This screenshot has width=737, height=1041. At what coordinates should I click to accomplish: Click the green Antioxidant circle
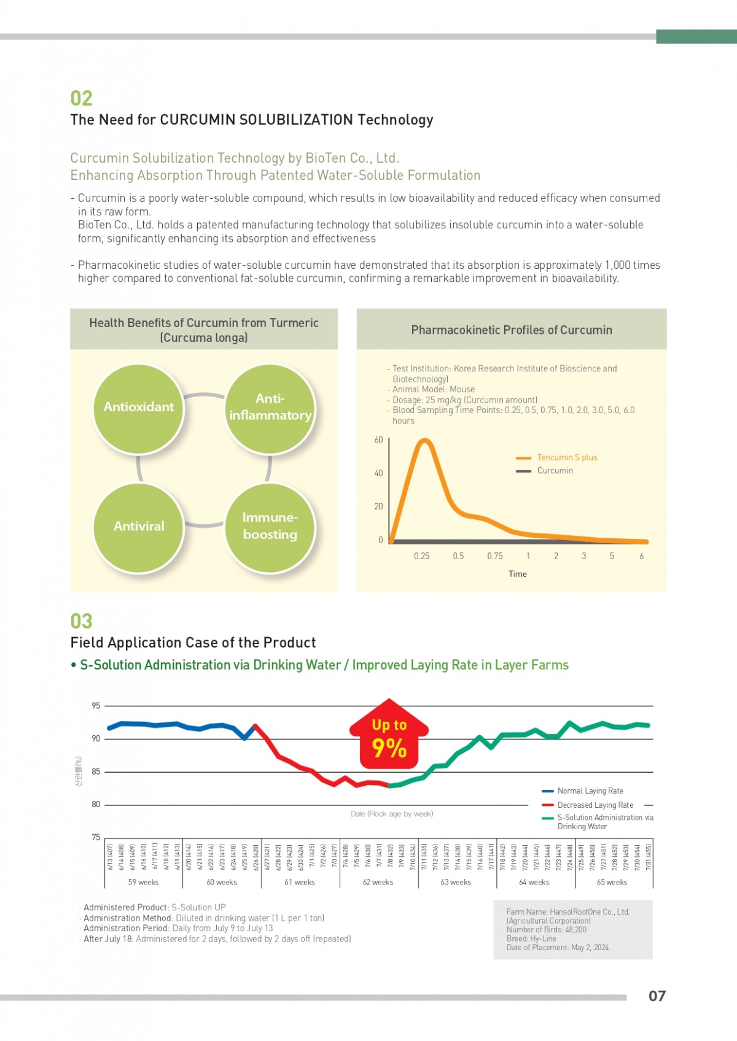[x=139, y=408]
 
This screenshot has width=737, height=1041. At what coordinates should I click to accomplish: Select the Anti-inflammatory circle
[x=270, y=408]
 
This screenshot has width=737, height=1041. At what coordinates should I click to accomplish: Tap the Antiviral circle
[x=139, y=527]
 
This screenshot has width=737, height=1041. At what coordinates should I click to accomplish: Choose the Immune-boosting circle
[x=270, y=527]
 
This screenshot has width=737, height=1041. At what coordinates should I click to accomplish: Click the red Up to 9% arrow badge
[x=389, y=737]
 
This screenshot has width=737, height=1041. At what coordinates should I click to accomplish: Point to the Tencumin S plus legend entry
[x=566, y=458]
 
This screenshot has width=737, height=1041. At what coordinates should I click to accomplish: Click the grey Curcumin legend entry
[x=555, y=471]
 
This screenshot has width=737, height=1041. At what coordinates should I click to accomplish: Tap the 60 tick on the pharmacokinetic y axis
[x=378, y=440]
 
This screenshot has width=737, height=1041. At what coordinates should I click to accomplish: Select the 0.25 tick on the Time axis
[x=421, y=556]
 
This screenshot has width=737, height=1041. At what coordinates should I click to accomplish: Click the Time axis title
[x=517, y=574]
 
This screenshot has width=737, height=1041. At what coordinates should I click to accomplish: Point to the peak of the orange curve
[x=424, y=440]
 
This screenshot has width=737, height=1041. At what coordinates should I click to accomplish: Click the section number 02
[x=82, y=99]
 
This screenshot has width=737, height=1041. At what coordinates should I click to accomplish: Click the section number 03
[x=82, y=621]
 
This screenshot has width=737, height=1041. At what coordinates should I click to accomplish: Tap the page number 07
[x=657, y=996]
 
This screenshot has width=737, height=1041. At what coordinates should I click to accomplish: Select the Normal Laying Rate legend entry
[x=590, y=791]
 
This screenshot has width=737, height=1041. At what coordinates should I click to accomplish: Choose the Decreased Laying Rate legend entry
[x=595, y=805]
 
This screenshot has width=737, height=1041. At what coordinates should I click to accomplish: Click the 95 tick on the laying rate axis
[x=96, y=706]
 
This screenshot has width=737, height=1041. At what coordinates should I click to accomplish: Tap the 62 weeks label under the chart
[x=378, y=883]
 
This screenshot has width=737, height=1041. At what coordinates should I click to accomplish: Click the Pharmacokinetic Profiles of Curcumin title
[x=512, y=330]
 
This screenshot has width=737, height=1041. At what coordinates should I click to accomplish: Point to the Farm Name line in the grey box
[x=567, y=912]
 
